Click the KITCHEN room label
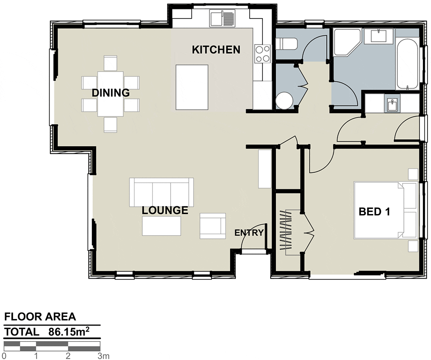coord(216,50)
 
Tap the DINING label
coord(110,93)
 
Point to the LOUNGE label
coord(165,210)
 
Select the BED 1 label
coord(375,212)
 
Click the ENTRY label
coord(249,233)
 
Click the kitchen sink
coord(222,19)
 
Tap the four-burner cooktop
coord(262,54)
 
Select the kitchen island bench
coord(192,87)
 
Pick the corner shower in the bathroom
coord(347,42)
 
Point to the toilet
coord(287,44)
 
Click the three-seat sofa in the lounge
coord(162,192)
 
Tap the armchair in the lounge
coord(213,226)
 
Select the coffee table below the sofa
coord(162,226)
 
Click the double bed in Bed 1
coord(386,210)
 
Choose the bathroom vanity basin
coord(379,36)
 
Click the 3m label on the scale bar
coord(103,356)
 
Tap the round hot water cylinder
coord(285,100)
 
